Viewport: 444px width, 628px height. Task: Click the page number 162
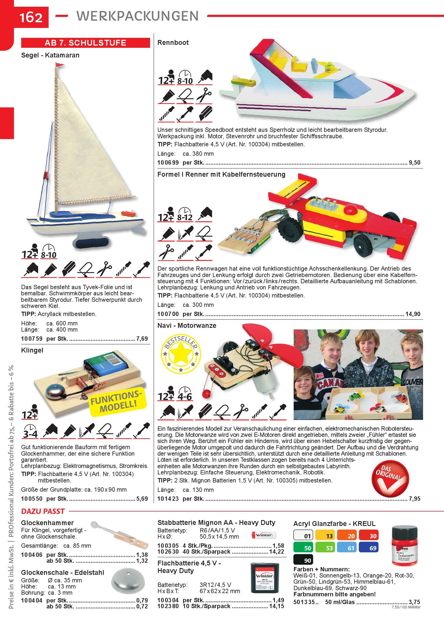pos(31,18)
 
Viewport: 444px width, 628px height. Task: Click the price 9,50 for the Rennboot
pos(414,162)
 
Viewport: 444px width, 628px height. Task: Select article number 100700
pos(168,314)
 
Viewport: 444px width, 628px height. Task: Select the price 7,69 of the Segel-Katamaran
pos(142,339)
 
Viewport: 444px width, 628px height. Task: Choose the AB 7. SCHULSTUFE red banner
pos(86,43)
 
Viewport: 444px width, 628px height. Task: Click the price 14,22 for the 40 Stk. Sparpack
pos(277,552)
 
